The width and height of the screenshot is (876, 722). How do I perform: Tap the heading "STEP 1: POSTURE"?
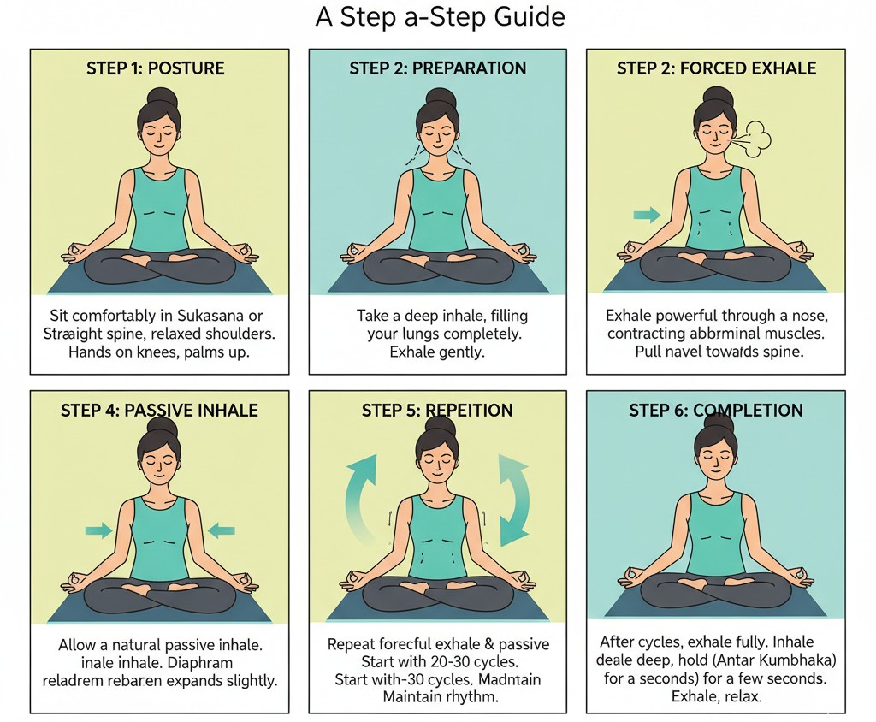(x=156, y=68)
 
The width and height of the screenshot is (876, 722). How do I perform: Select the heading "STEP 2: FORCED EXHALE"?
(x=716, y=68)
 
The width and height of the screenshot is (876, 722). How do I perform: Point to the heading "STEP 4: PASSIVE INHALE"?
(x=159, y=411)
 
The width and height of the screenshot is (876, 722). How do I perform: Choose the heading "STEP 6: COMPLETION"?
(x=716, y=411)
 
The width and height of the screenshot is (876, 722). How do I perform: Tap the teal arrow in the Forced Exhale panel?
(x=647, y=215)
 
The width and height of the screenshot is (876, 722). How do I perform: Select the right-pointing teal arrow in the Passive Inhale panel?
(x=99, y=531)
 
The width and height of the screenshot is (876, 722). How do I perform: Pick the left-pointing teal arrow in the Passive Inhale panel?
(x=221, y=531)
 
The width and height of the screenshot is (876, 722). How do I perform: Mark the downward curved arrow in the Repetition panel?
(x=513, y=500)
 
